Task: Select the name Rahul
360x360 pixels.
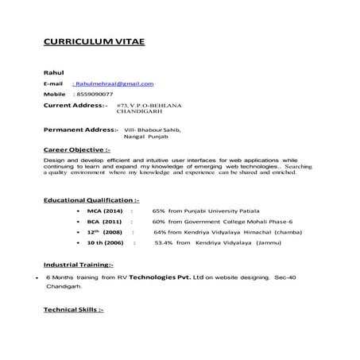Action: [53, 72]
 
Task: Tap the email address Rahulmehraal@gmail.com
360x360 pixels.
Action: [114, 83]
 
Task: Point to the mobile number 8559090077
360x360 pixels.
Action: [93, 94]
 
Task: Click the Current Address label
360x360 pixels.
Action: [75, 105]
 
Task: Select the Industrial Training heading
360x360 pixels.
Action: [78, 263]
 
